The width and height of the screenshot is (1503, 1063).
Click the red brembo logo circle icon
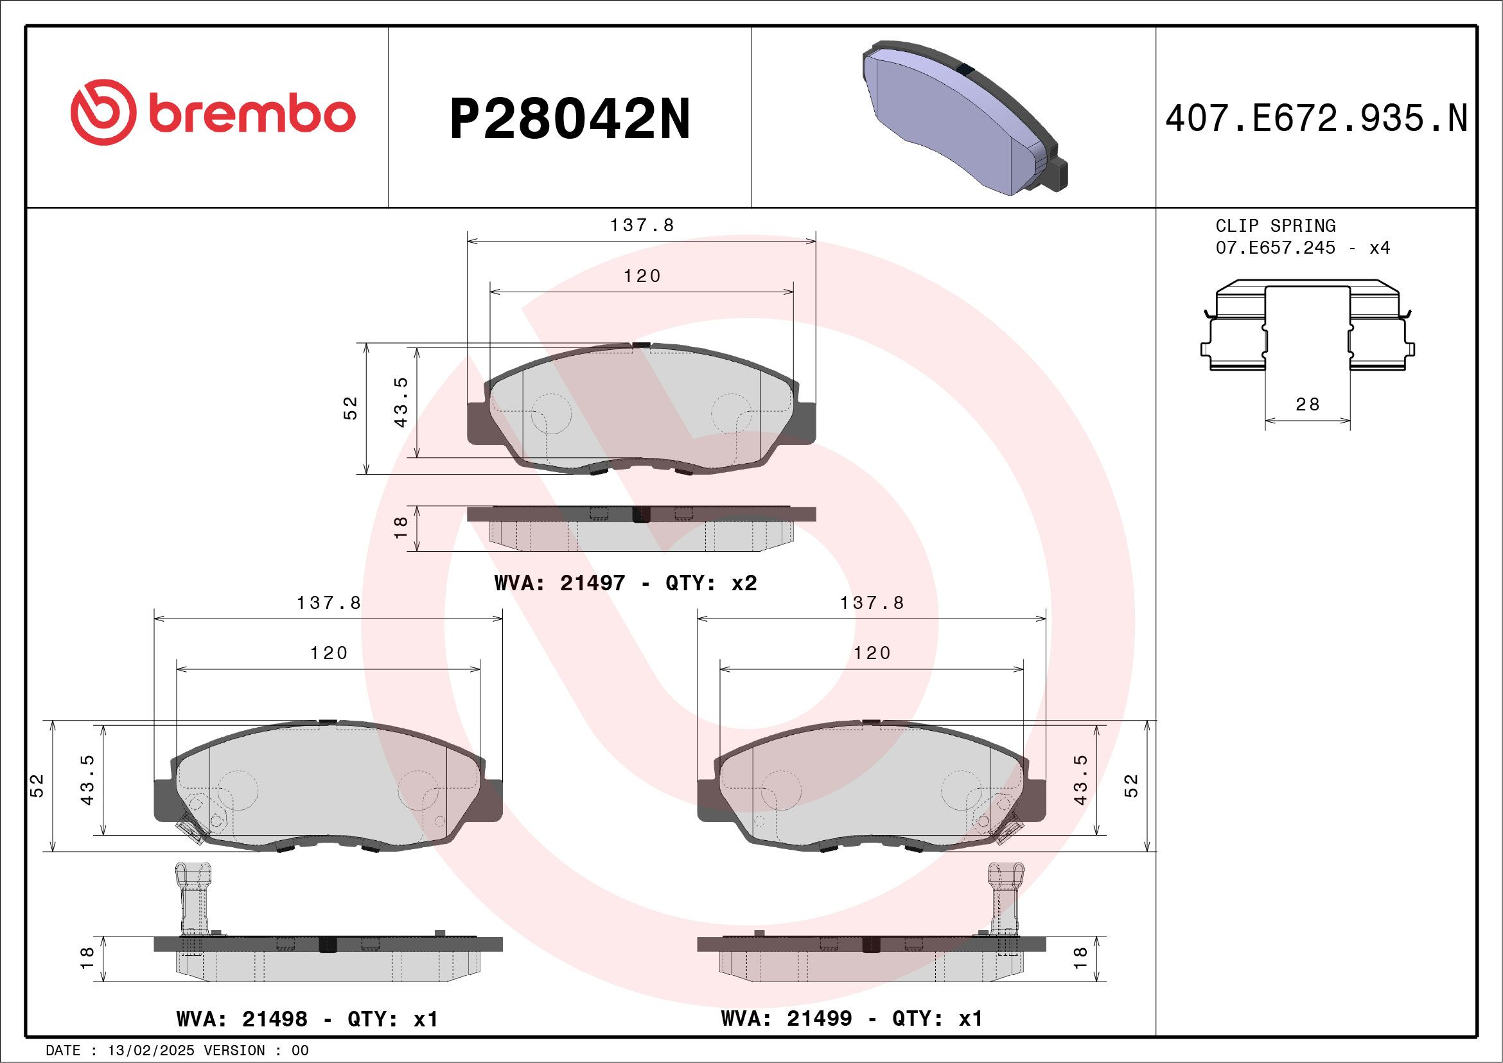[x=103, y=112]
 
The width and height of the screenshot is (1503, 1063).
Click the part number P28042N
[x=570, y=119]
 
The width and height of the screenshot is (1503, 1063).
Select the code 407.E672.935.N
[x=1316, y=119]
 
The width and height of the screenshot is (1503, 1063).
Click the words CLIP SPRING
[x=1275, y=226]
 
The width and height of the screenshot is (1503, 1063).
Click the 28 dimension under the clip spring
[x=1307, y=405]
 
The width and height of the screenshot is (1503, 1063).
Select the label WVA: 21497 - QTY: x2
[x=625, y=583]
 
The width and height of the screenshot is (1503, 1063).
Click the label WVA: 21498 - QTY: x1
[x=307, y=1019]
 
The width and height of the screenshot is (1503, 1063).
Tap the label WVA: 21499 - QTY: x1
[x=851, y=1019]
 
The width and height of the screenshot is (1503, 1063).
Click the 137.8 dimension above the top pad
[x=642, y=225]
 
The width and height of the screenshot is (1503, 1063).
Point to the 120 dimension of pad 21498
[x=329, y=653]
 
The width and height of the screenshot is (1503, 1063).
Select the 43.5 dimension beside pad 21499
[x=1080, y=780]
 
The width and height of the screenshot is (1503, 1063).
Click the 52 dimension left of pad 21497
[x=351, y=408]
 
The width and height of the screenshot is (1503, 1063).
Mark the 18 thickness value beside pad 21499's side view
[x=1080, y=958]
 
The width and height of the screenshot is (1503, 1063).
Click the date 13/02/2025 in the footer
[x=150, y=1051]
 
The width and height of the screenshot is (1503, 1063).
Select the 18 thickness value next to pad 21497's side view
[x=401, y=527]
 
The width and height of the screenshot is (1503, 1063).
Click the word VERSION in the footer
[x=234, y=1051]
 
